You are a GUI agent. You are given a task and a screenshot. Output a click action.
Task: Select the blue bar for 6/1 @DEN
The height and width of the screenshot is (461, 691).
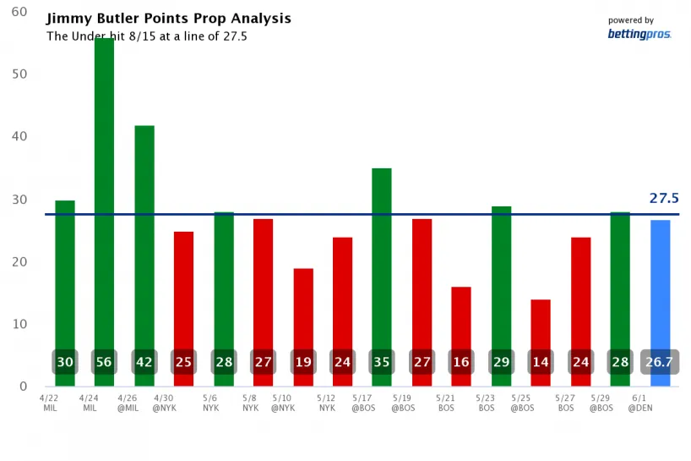pyautogui.click(x=660, y=288)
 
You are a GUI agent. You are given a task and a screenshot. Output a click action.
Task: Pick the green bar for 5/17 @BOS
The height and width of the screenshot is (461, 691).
pyautogui.click(x=382, y=254)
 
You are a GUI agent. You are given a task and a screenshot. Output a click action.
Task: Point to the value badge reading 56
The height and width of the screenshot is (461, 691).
pyautogui.click(x=104, y=362)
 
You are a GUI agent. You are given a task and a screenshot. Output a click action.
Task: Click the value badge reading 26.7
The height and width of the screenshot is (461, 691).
pyautogui.click(x=660, y=362)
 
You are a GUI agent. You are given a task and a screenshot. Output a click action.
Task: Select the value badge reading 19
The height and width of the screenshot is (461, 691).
pyautogui.click(x=303, y=362)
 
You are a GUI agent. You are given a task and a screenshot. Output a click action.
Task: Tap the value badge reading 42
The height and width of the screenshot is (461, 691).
pyautogui.click(x=144, y=362)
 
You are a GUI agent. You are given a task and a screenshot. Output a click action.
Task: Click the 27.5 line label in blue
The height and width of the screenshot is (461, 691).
pyautogui.click(x=664, y=199)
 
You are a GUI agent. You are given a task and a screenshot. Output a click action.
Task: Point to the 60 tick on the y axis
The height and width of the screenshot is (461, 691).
pyautogui.click(x=19, y=13)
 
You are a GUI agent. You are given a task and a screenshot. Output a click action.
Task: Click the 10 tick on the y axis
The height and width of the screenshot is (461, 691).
pyautogui.click(x=19, y=324)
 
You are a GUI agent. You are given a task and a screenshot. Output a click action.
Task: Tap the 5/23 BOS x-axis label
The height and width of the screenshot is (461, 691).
pyautogui.click(x=486, y=402)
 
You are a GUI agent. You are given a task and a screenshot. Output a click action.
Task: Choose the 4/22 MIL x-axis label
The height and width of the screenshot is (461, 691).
pyautogui.click(x=49, y=402)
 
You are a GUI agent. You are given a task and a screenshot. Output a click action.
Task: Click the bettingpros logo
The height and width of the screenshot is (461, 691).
pyautogui.click(x=639, y=35)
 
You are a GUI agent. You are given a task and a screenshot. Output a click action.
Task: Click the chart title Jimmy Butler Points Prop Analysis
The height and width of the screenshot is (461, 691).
pyautogui.click(x=168, y=19)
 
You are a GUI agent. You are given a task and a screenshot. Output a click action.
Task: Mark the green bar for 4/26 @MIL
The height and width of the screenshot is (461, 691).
pyautogui.click(x=144, y=245)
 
